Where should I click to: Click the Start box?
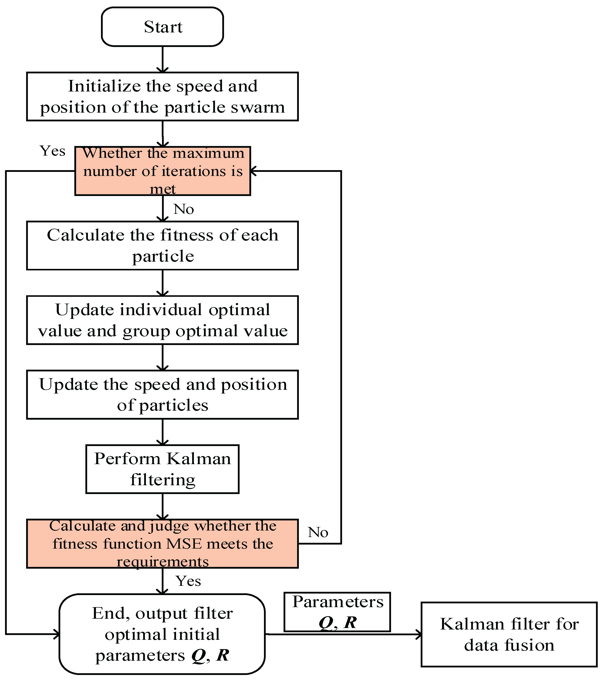click(x=162, y=27)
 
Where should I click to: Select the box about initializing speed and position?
click(x=162, y=96)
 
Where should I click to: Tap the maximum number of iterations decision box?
click(x=162, y=171)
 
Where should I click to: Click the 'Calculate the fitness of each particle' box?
click(x=162, y=246)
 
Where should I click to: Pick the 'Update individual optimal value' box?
click(x=162, y=320)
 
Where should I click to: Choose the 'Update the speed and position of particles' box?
click(x=162, y=395)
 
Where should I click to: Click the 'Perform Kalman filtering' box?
click(x=162, y=469)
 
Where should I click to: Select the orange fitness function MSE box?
click(x=162, y=544)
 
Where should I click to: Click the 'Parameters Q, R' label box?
click(x=337, y=612)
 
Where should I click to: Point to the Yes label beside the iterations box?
click(x=52, y=151)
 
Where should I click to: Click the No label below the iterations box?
click(x=184, y=209)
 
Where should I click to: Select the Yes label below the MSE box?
click(x=188, y=581)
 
